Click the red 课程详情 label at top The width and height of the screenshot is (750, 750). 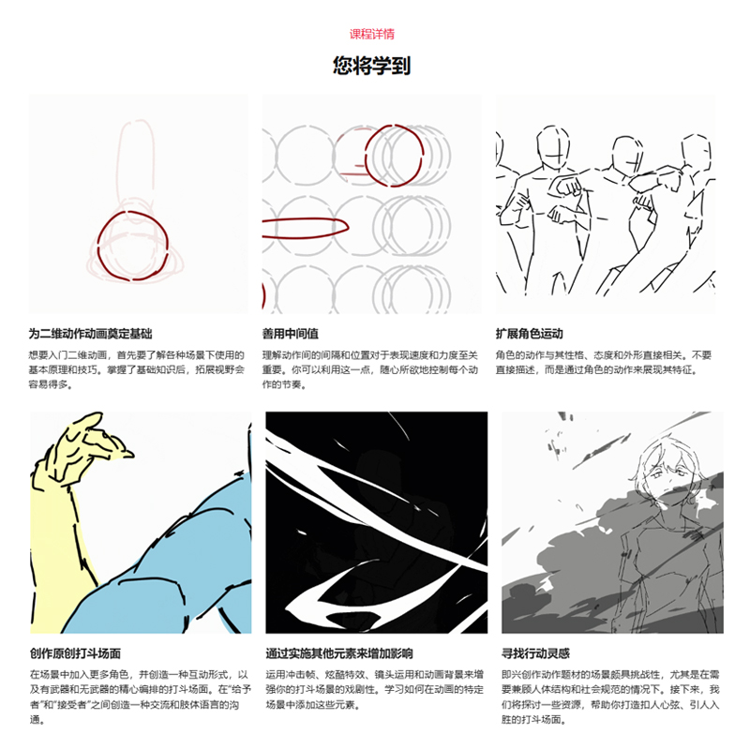point(372,34)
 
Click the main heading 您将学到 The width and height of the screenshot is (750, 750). point(372,66)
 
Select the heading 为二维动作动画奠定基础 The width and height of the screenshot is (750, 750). point(90,334)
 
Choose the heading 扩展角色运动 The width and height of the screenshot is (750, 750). point(529,334)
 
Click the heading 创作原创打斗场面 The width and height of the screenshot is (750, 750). point(76,653)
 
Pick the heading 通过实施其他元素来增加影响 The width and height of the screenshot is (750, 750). point(339,653)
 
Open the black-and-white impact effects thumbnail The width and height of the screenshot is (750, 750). point(376,521)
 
